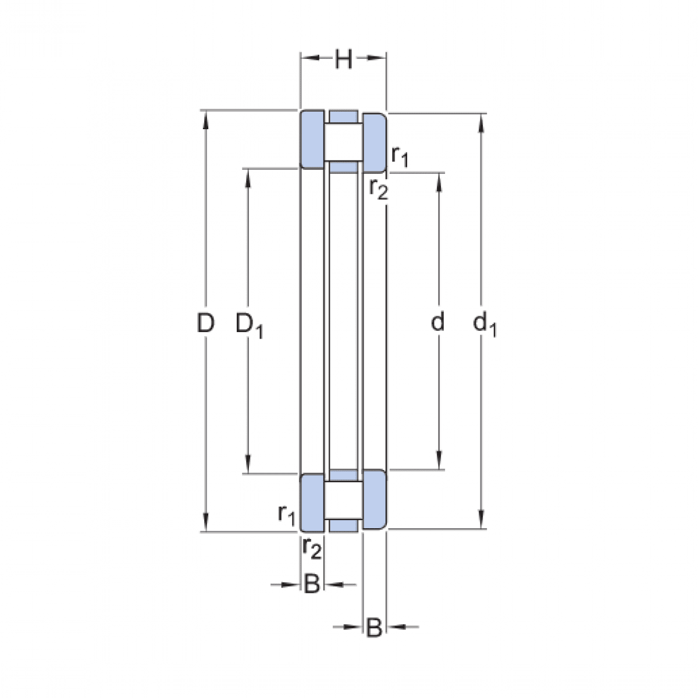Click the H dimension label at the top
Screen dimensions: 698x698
(343, 60)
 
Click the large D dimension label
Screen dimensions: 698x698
(205, 323)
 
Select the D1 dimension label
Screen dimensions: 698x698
(249, 325)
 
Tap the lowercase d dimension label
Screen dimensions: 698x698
(437, 322)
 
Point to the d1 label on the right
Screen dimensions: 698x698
(485, 324)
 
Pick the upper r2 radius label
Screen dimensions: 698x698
(379, 189)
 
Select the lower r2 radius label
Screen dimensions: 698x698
(312, 548)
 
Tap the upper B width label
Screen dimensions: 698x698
(312, 584)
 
